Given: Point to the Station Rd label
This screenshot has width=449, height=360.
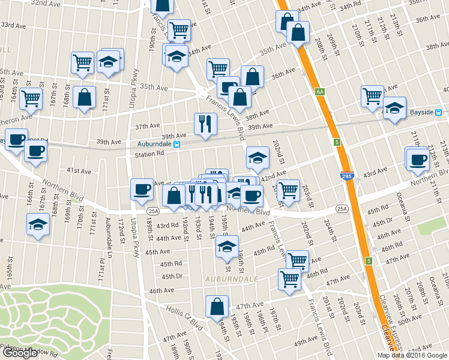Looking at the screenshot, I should [149, 154].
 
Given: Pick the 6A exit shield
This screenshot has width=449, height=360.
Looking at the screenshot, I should [319, 92].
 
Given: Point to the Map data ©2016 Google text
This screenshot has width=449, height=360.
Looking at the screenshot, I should [412, 355].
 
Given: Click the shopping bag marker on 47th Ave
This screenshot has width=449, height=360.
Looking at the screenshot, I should [216, 307].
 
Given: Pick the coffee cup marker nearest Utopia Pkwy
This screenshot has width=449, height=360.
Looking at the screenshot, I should [142, 190].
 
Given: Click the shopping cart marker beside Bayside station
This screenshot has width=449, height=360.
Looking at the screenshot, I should [372, 95].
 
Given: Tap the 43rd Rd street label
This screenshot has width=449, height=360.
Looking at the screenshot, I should [167, 226].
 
